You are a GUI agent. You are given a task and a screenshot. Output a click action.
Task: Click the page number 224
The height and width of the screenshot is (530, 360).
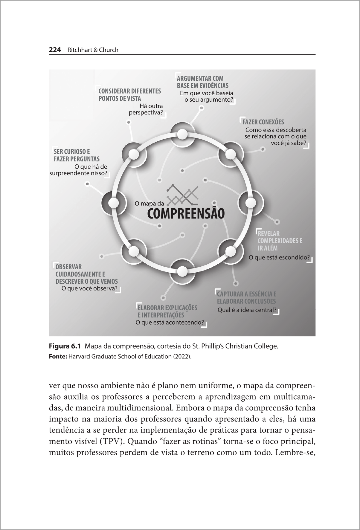(55, 50)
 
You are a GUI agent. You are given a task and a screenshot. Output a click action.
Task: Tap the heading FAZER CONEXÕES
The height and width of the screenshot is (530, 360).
(263, 122)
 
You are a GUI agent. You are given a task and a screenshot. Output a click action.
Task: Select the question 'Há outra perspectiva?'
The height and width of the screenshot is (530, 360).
(147, 109)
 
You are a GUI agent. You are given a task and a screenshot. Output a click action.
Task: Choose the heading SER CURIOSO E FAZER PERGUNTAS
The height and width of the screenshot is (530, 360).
(77, 155)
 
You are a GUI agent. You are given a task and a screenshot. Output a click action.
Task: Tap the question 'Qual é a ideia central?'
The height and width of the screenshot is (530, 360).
(247, 310)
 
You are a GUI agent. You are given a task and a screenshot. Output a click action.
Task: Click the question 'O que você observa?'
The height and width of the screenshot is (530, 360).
(89, 289)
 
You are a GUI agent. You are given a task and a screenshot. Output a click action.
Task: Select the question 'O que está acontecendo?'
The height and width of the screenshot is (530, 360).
(170, 323)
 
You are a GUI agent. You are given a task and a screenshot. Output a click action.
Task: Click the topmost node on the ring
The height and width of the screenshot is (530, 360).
(182, 134)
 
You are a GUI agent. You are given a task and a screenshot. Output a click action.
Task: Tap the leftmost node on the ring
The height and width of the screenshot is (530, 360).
(113, 203)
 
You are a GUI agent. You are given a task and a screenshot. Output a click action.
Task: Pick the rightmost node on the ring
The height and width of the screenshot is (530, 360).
(250, 203)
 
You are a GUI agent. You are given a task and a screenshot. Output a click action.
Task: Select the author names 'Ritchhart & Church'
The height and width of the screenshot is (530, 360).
(93, 50)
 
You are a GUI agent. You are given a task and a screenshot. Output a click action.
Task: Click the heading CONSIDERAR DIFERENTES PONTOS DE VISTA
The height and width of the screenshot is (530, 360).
(129, 95)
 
